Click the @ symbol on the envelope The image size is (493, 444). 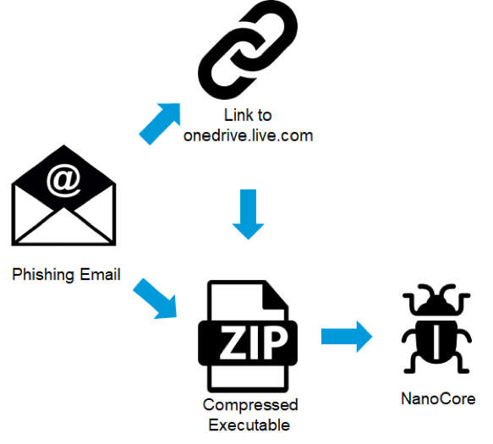(63, 180)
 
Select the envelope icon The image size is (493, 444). (63, 195)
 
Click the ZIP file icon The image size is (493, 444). (248, 336)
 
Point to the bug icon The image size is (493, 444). (436, 329)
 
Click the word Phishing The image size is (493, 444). (43, 275)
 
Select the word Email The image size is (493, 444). (100, 274)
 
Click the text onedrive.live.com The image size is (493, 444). (248, 136)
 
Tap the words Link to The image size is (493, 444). (248, 115)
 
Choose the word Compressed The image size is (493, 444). (250, 405)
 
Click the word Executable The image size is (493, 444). (249, 425)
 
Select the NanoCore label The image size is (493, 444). (438, 398)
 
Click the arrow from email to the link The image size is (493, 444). (161, 123)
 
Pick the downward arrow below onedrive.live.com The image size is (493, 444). (248, 214)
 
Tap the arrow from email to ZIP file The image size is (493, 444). (156, 299)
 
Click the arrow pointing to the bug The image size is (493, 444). (347, 337)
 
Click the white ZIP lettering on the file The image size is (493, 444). (253, 343)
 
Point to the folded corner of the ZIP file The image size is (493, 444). (275, 296)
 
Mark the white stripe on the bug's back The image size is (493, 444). (436, 343)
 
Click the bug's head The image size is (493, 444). (436, 305)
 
